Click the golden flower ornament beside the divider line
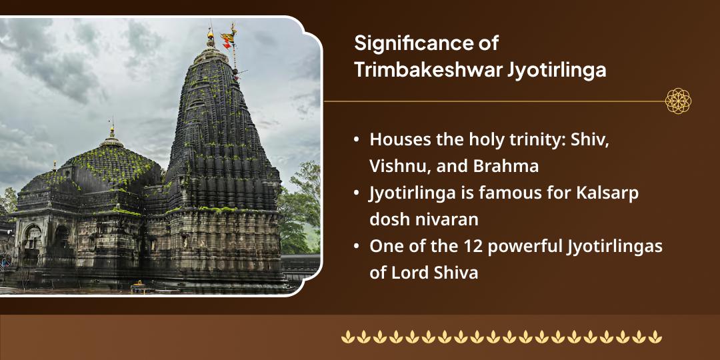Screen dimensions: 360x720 678,101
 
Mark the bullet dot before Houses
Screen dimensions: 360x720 357,140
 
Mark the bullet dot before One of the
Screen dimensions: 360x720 357,246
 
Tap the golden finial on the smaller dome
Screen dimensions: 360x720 112,130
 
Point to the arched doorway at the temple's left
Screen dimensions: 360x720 31,237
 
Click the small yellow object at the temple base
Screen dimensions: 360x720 138,284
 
